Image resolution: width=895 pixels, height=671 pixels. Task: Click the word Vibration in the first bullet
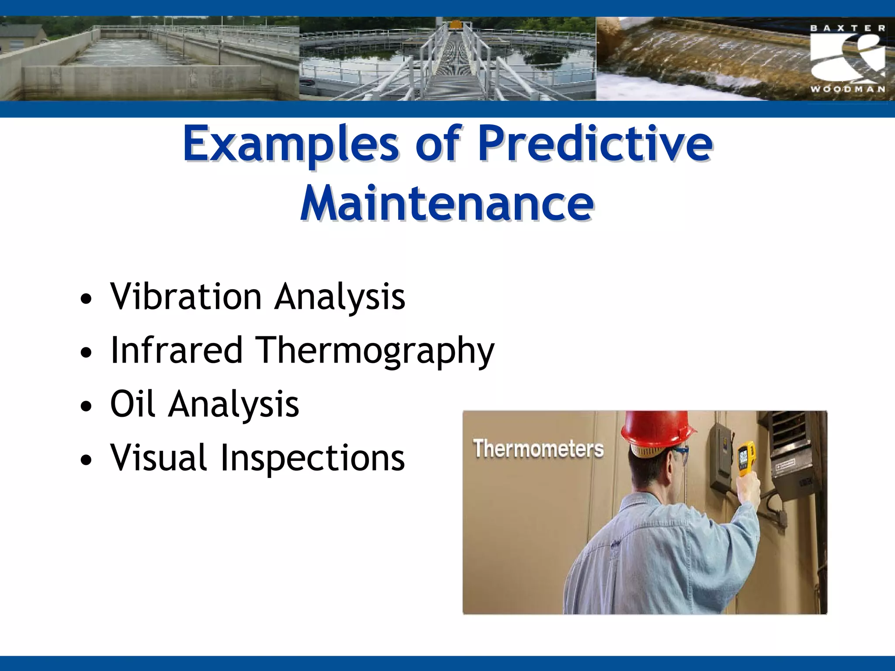tap(186, 297)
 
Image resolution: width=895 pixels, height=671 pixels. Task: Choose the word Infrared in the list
tap(177, 350)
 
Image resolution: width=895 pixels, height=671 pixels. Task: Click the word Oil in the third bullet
tap(132, 404)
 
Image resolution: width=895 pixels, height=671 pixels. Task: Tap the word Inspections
tap(312, 458)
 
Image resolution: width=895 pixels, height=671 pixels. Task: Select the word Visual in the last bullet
tap(158, 458)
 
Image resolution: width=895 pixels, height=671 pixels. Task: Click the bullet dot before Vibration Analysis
tap(86, 300)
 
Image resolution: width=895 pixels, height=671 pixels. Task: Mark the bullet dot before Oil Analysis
tap(86, 407)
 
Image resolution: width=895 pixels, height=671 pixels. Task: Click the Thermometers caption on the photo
tap(538, 449)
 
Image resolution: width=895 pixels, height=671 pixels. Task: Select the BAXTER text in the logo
tap(848, 28)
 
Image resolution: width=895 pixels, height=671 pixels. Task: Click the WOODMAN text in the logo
tap(848, 89)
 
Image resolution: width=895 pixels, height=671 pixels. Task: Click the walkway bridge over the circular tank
tap(454, 66)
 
